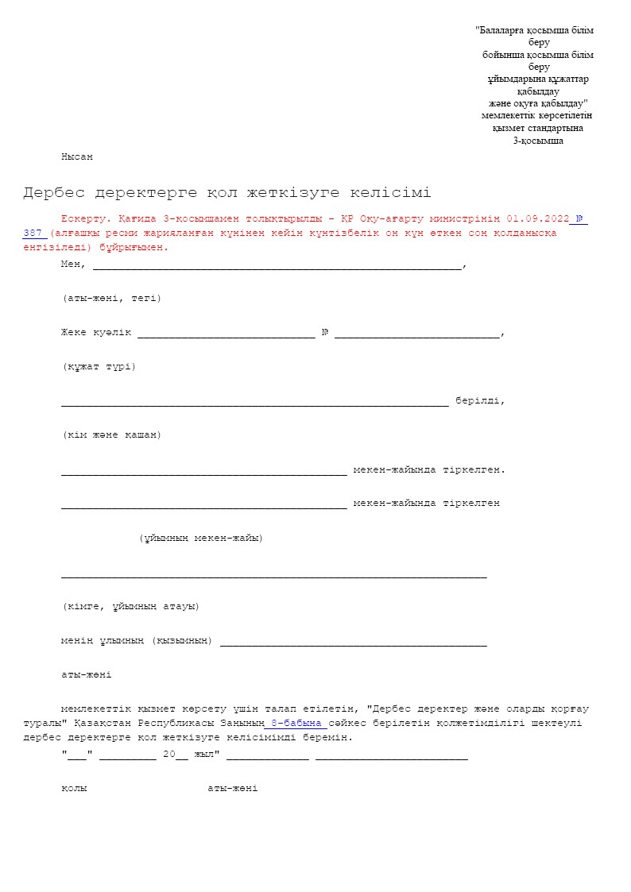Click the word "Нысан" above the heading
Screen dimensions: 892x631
pos(77,157)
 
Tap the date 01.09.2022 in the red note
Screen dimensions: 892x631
pos(538,218)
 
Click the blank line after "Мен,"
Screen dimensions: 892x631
pos(276,265)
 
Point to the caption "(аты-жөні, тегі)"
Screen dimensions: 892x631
pos(111,299)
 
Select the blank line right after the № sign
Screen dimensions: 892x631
pos(417,334)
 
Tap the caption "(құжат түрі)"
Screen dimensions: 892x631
pos(99,367)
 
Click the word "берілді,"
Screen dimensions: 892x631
pos(480,401)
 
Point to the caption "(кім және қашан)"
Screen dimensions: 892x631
pos(111,435)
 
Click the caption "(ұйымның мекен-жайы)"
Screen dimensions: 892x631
pos(201,539)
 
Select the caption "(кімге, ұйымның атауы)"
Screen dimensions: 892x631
pos(130,607)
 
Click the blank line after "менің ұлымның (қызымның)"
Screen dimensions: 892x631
pos(353,641)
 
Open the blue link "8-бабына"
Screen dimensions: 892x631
pos(296,723)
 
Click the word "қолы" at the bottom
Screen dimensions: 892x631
pos(74,789)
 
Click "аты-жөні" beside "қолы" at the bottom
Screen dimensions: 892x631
pos(232,789)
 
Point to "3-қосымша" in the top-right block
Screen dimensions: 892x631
pos(538,141)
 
